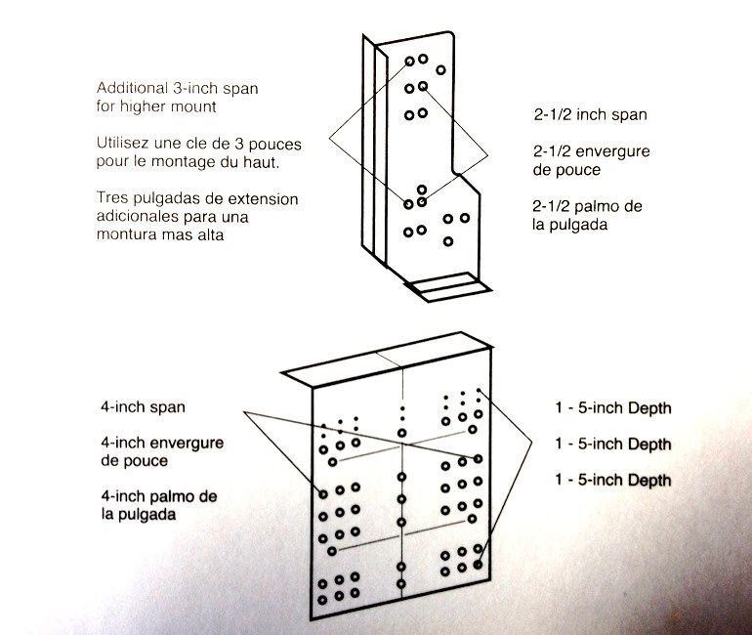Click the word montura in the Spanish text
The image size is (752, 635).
coord(128,235)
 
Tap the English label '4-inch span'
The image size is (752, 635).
coord(143,405)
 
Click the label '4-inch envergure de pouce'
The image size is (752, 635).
coord(161,451)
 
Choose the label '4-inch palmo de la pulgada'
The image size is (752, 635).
coord(158,505)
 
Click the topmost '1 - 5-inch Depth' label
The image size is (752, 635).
coord(612,407)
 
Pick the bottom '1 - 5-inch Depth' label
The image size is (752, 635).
coord(612,480)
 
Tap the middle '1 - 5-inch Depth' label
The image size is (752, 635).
coord(612,444)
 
